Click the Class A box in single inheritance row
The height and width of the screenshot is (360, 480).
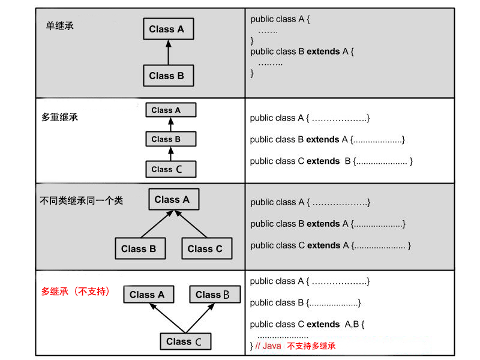tap(168, 29)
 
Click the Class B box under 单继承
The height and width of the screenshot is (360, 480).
tap(168, 76)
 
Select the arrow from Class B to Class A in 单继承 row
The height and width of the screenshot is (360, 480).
tap(169, 52)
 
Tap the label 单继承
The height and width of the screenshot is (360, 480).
tap(60, 26)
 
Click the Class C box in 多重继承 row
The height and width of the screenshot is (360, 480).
tap(170, 169)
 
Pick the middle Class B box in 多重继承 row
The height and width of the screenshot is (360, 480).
tap(170, 139)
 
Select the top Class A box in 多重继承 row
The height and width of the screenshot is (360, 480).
tap(170, 110)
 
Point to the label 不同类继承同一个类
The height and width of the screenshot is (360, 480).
tap(81, 200)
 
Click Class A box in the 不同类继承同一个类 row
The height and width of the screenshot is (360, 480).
tap(173, 200)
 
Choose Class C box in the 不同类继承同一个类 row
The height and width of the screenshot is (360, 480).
tap(205, 248)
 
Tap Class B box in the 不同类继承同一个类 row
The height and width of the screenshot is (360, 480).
tap(139, 248)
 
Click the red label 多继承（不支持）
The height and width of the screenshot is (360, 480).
tap(76, 292)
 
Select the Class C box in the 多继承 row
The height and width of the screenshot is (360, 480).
tap(186, 341)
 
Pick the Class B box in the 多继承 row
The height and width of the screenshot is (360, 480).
tap(214, 295)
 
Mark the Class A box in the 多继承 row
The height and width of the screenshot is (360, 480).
tap(148, 295)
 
